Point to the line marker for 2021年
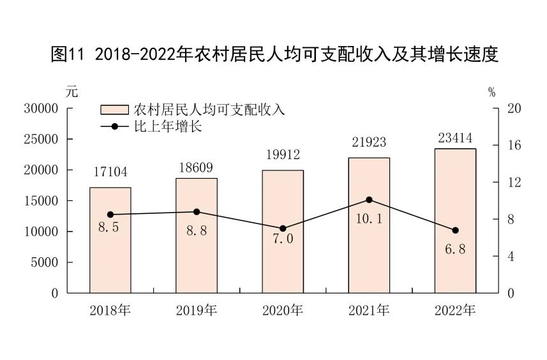[x=369, y=200]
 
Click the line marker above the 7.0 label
[x=283, y=229]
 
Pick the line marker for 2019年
[x=197, y=212]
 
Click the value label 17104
[x=110, y=172]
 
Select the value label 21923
[x=369, y=142]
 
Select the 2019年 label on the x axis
[x=197, y=311]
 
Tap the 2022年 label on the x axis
[x=455, y=311]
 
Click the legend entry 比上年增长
[x=167, y=126]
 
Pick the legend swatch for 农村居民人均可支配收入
[x=114, y=109]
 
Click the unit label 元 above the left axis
[x=71, y=91]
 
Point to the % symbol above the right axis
[x=491, y=93]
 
